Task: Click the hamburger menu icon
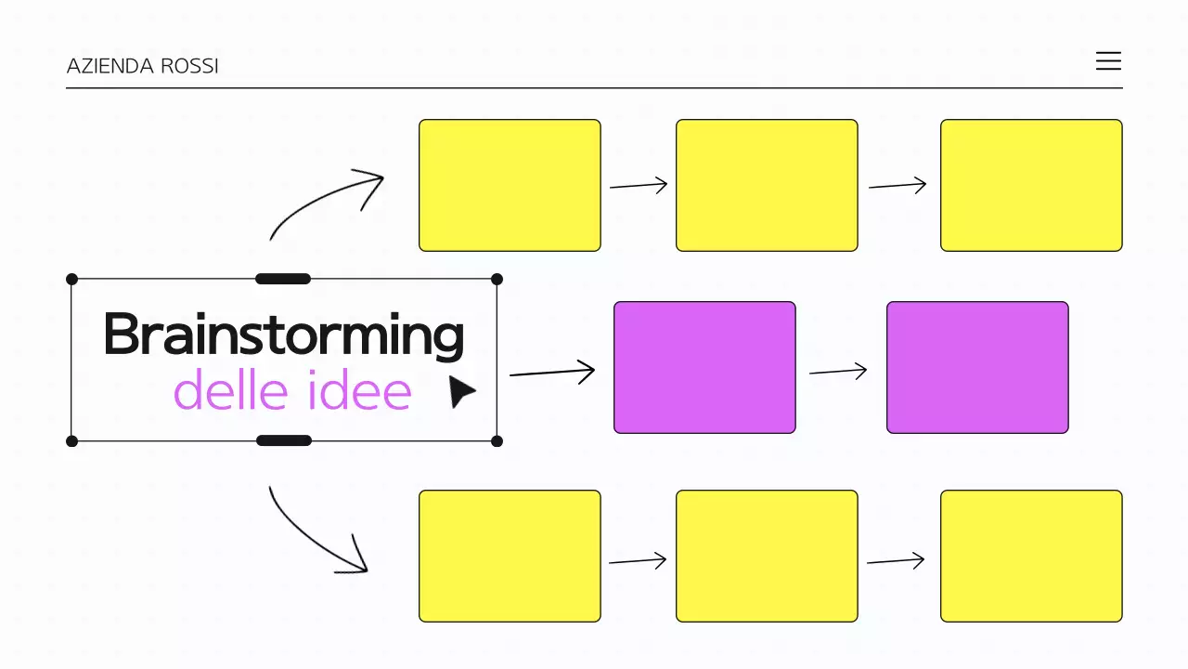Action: pos(1108,61)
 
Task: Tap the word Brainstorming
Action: pos(283,334)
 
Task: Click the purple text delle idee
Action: pos(292,391)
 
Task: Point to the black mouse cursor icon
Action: pos(460,391)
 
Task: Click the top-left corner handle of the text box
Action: pos(72,279)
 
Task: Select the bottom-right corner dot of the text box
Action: pos(497,440)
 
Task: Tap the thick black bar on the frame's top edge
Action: pos(283,279)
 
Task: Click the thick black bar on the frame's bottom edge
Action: pos(283,440)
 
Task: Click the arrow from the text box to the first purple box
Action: pos(552,373)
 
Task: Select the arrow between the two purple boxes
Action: pos(838,372)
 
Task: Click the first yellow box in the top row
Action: pos(510,185)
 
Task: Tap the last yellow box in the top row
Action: pos(1031,185)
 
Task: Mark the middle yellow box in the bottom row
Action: pos(767,556)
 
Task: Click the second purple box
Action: pos(977,367)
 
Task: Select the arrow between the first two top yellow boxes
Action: pos(639,186)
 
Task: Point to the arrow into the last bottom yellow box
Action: pos(896,561)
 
